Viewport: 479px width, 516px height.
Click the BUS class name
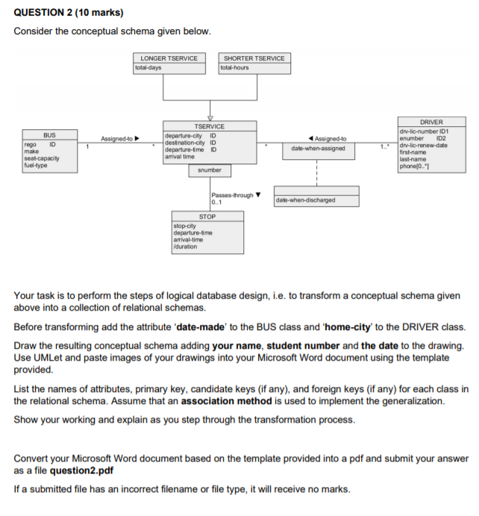48,134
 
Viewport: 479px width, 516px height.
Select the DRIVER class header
432,122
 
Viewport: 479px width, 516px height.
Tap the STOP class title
207,217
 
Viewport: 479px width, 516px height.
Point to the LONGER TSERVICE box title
170,58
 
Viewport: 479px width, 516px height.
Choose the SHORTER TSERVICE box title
254,58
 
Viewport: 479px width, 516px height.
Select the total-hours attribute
235,67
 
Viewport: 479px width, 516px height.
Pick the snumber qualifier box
210,170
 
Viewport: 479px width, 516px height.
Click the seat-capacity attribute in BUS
42,159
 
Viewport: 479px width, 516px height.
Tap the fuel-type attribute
37,165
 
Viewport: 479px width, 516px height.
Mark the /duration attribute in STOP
186,246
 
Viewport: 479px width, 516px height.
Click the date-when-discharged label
305,200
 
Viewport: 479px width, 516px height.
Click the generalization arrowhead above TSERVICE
210,117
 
